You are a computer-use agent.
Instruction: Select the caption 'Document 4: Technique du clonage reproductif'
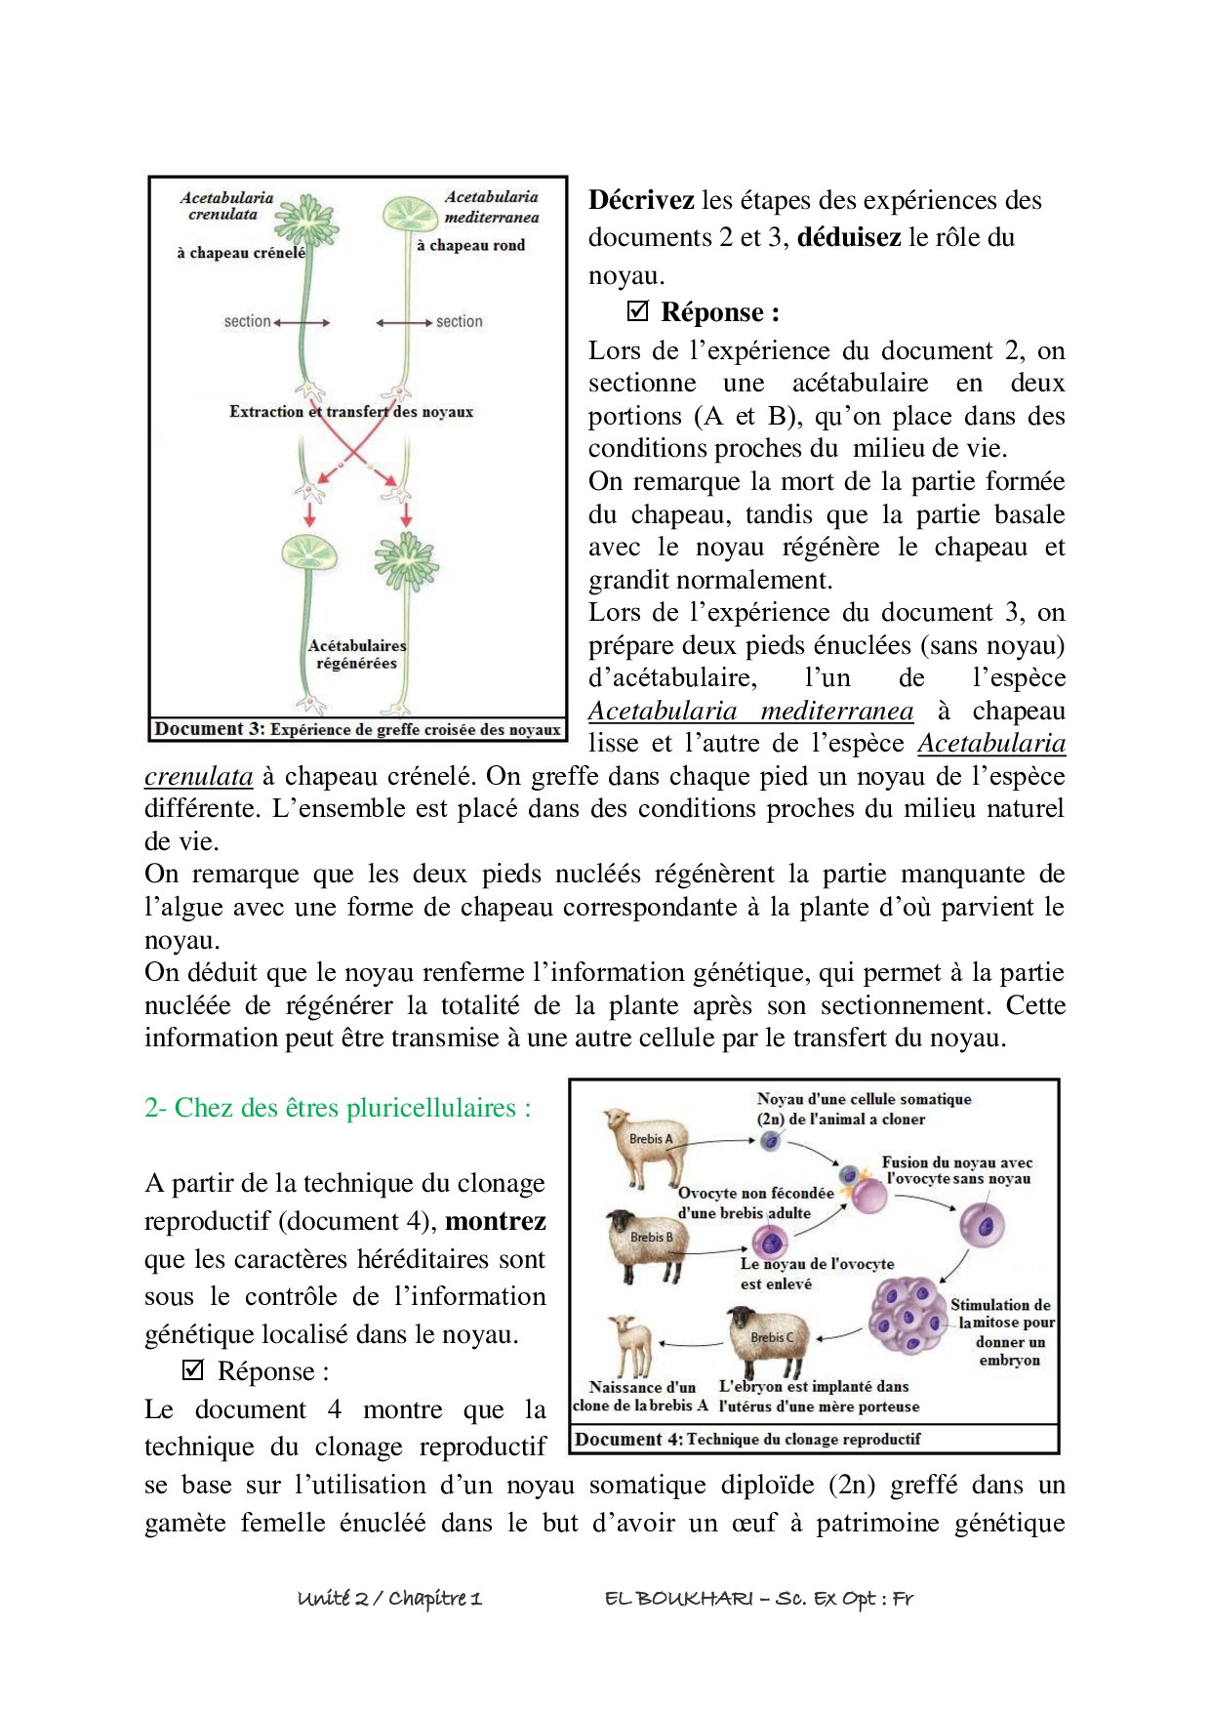747,1439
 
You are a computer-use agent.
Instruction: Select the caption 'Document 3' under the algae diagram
357,729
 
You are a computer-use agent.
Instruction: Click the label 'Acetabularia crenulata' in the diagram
225,206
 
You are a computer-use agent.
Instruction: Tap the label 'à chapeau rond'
470,245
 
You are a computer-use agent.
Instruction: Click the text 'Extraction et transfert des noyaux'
351,412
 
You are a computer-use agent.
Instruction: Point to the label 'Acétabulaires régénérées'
356,654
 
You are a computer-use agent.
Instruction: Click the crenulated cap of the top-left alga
306,221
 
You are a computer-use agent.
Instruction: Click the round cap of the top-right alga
409,214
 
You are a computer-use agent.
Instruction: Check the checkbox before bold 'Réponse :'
637,311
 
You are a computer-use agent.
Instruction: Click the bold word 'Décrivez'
641,200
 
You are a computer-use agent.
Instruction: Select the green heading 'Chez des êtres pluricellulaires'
339,1108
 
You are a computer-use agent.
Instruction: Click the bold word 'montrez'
495,1221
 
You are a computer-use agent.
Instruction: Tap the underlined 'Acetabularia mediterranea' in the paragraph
750,711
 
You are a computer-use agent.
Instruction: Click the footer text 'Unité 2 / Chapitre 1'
389,1598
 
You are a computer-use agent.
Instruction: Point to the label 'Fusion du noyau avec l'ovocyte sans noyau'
956,1170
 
